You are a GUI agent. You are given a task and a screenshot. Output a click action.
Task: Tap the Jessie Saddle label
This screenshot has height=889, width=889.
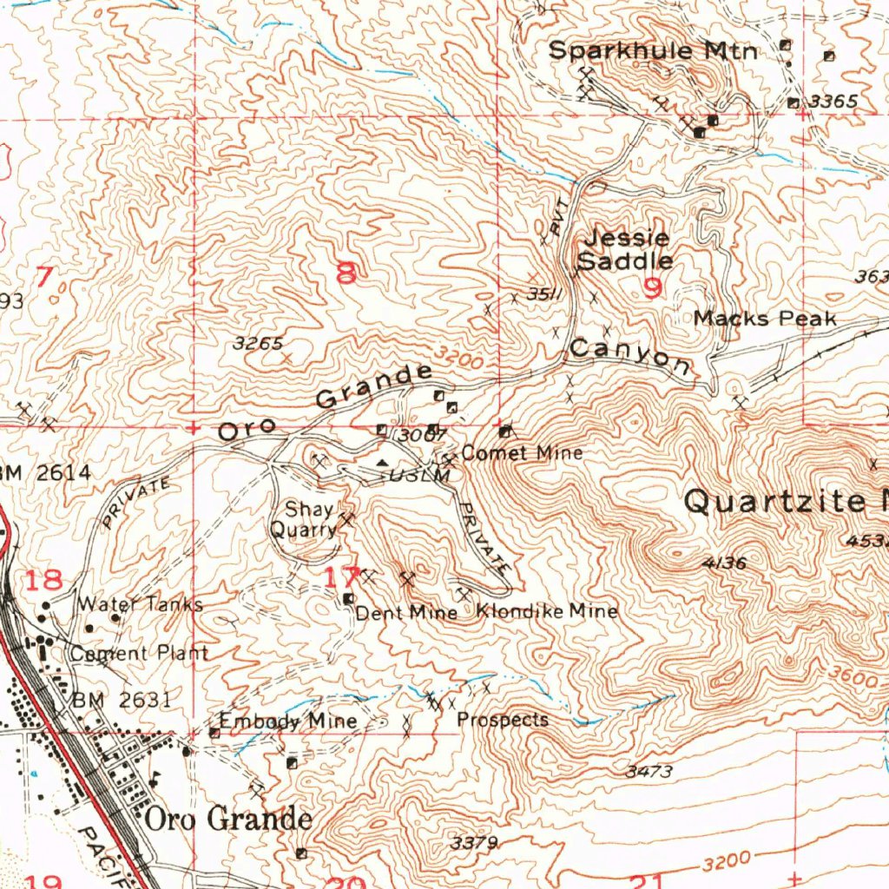[625, 249]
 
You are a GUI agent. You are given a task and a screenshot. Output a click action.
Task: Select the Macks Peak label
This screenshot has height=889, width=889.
[764, 319]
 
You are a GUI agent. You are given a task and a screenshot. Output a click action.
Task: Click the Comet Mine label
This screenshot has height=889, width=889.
[522, 453]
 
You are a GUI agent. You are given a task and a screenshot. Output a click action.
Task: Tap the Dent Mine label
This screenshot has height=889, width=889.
[406, 613]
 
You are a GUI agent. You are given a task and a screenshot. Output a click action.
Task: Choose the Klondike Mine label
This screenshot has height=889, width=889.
[547, 611]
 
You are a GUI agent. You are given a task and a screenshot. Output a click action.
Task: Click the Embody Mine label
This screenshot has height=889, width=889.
[287, 721]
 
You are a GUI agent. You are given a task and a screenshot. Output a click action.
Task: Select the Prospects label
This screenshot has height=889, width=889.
[503, 720]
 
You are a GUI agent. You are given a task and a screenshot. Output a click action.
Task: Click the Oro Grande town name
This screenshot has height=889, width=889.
[228, 819]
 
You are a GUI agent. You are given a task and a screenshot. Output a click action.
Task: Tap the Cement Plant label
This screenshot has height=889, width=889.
[139, 653]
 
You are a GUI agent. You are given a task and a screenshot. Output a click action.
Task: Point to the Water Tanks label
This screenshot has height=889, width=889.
[140, 603]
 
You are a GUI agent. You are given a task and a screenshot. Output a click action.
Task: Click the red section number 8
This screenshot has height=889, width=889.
[346, 274]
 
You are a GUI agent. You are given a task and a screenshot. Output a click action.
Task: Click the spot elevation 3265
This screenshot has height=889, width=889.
[258, 343]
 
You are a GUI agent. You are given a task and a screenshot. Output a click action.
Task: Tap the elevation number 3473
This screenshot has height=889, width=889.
[649, 771]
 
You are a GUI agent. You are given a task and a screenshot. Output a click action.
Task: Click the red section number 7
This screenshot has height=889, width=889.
[44, 279]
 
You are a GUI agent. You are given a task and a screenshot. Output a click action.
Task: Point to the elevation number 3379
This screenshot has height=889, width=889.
[475, 842]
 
